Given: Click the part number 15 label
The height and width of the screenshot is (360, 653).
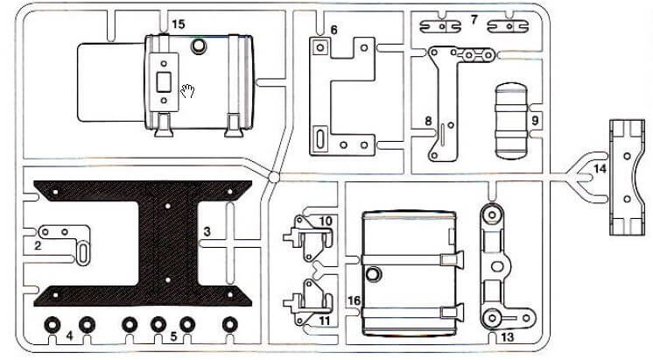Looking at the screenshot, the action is [178, 25].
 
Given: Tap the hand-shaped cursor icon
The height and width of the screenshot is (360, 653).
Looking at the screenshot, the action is [187, 91].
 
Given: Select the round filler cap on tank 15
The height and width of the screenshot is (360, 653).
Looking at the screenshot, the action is [199, 46].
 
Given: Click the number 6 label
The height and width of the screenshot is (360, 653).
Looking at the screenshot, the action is [334, 30].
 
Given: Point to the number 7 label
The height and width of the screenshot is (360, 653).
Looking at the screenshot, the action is [474, 19].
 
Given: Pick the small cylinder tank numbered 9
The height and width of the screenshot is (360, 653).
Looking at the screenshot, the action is [511, 121].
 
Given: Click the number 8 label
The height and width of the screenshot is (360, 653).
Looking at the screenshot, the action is [428, 121].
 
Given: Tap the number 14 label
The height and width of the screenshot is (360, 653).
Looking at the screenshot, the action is [600, 169].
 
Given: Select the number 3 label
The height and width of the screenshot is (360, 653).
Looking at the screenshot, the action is [207, 231].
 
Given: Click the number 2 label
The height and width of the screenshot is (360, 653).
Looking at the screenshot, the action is [38, 246].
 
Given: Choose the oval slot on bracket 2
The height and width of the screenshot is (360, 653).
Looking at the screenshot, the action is [83, 253].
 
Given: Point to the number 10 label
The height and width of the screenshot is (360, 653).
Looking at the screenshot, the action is [326, 221].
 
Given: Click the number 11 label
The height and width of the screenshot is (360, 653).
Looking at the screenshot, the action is [325, 321].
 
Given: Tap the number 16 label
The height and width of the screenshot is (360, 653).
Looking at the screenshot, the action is [354, 300].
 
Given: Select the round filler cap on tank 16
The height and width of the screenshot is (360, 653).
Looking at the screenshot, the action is [374, 274].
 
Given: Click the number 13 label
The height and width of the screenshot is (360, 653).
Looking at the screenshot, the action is [508, 337].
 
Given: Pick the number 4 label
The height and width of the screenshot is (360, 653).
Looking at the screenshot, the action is [69, 335].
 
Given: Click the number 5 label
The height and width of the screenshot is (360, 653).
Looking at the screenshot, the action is [173, 335].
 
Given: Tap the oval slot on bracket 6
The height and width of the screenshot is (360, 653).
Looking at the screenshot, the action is [320, 138].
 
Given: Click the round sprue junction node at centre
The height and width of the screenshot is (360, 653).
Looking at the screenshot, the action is [274, 177].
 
